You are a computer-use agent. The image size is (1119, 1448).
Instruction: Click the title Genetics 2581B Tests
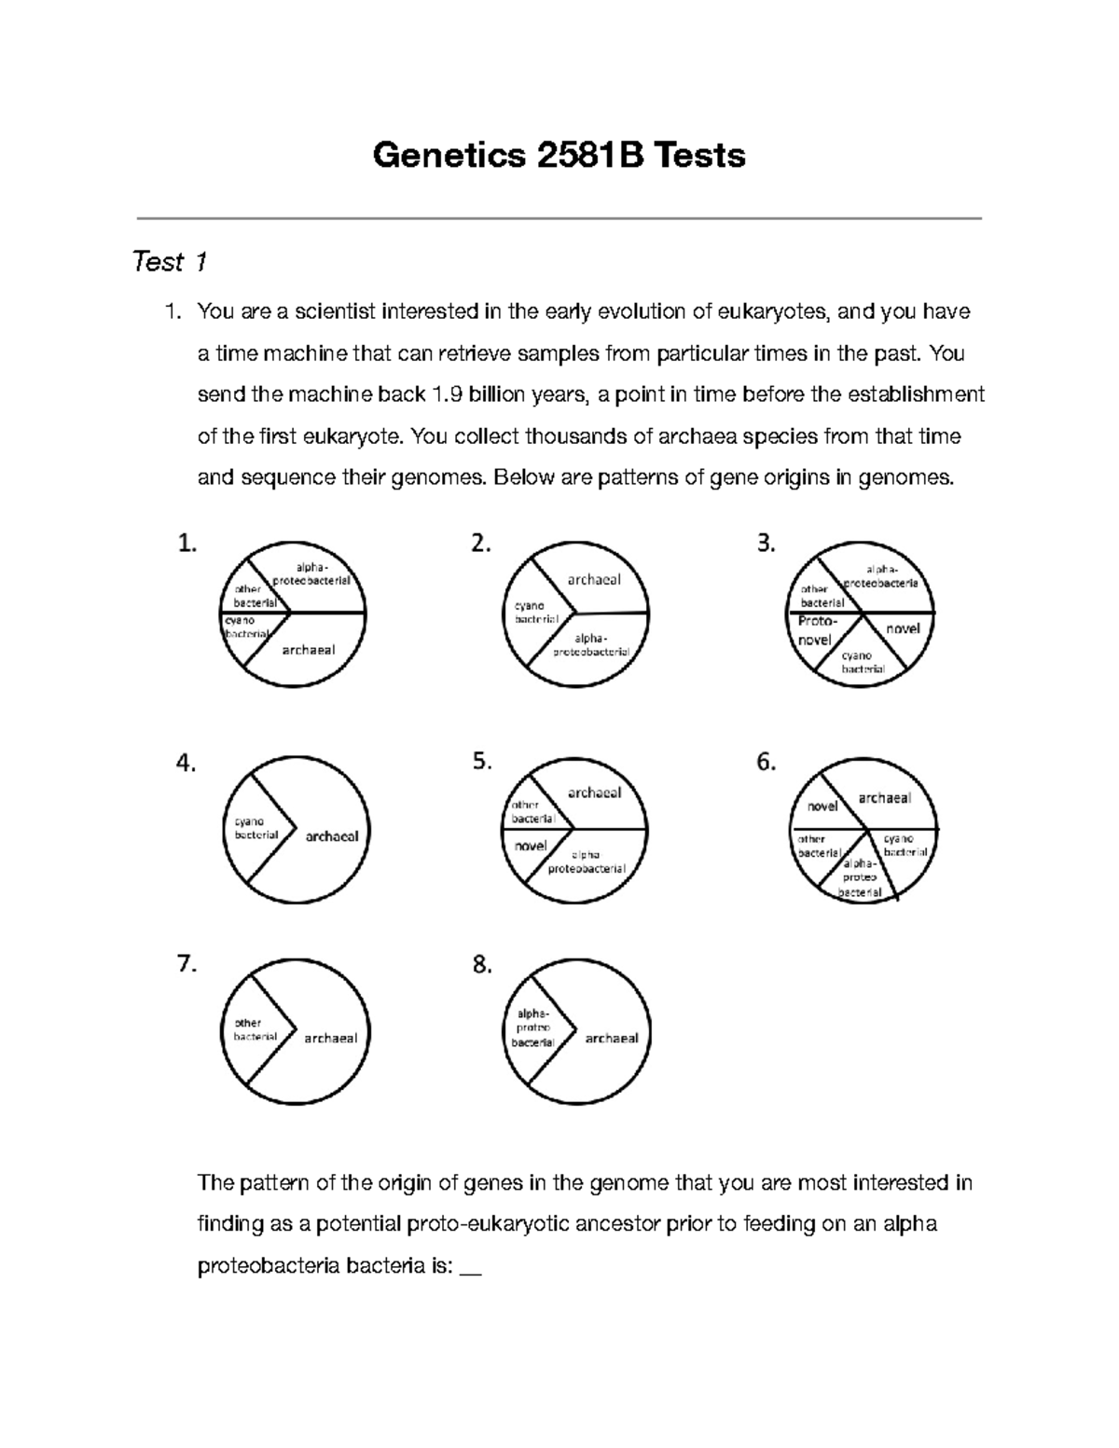click(x=559, y=155)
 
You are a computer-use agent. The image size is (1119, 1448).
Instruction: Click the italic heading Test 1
click(x=169, y=262)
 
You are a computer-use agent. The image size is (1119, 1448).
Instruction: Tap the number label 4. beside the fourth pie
click(x=186, y=763)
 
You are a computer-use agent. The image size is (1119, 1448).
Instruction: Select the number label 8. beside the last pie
click(x=482, y=965)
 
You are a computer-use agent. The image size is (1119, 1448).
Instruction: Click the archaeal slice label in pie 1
click(x=308, y=651)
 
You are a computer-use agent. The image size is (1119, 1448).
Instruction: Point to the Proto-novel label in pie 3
click(x=816, y=631)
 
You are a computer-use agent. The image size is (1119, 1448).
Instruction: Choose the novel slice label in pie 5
click(x=531, y=846)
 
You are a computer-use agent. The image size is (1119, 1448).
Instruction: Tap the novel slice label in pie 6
click(x=822, y=807)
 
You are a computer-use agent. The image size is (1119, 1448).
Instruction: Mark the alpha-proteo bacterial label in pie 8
click(x=532, y=1028)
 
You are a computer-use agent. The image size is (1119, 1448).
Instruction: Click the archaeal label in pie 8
click(x=611, y=1038)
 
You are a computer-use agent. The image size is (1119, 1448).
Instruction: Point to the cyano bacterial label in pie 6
click(x=905, y=846)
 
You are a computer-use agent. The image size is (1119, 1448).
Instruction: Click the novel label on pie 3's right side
click(x=903, y=628)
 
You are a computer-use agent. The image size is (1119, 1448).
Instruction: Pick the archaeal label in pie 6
click(x=884, y=798)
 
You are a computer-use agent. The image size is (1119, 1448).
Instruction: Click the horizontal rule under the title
click(x=559, y=218)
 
